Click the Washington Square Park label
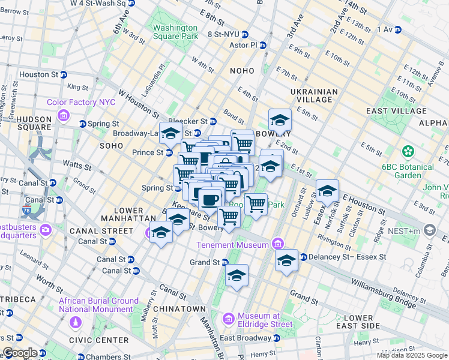(x=175, y=32)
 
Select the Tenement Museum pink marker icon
(x=277, y=244)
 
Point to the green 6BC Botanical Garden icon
(x=409, y=151)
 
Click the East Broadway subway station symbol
(x=277, y=338)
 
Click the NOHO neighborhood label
(x=242, y=71)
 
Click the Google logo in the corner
(x=19, y=353)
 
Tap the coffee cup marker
(x=209, y=198)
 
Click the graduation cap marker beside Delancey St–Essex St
(x=287, y=260)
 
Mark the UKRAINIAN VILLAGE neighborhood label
(x=314, y=95)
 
